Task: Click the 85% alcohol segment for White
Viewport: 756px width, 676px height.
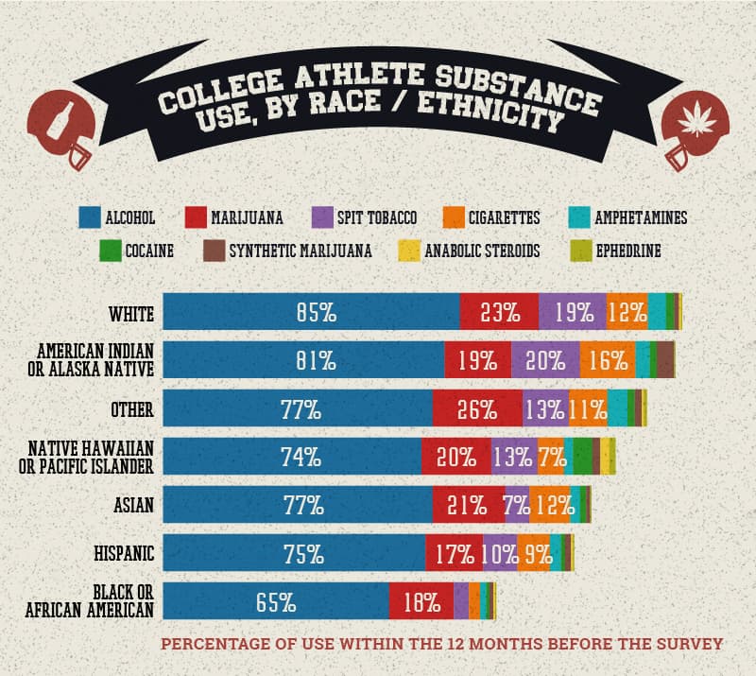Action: coord(312,312)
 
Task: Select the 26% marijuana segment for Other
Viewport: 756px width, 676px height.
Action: coord(477,409)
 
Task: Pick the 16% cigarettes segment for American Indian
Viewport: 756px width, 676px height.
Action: coord(607,360)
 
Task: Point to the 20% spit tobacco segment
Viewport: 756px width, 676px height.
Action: coord(545,360)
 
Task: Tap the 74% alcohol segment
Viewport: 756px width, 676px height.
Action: coord(293,457)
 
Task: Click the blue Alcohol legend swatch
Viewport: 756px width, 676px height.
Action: coord(91,218)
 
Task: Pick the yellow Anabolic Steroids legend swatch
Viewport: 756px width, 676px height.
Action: coord(408,251)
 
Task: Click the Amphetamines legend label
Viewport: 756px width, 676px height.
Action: coord(641,218)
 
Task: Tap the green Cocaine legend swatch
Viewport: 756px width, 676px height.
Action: coord(110,251)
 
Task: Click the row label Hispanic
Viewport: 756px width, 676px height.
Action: coord(127,552)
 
